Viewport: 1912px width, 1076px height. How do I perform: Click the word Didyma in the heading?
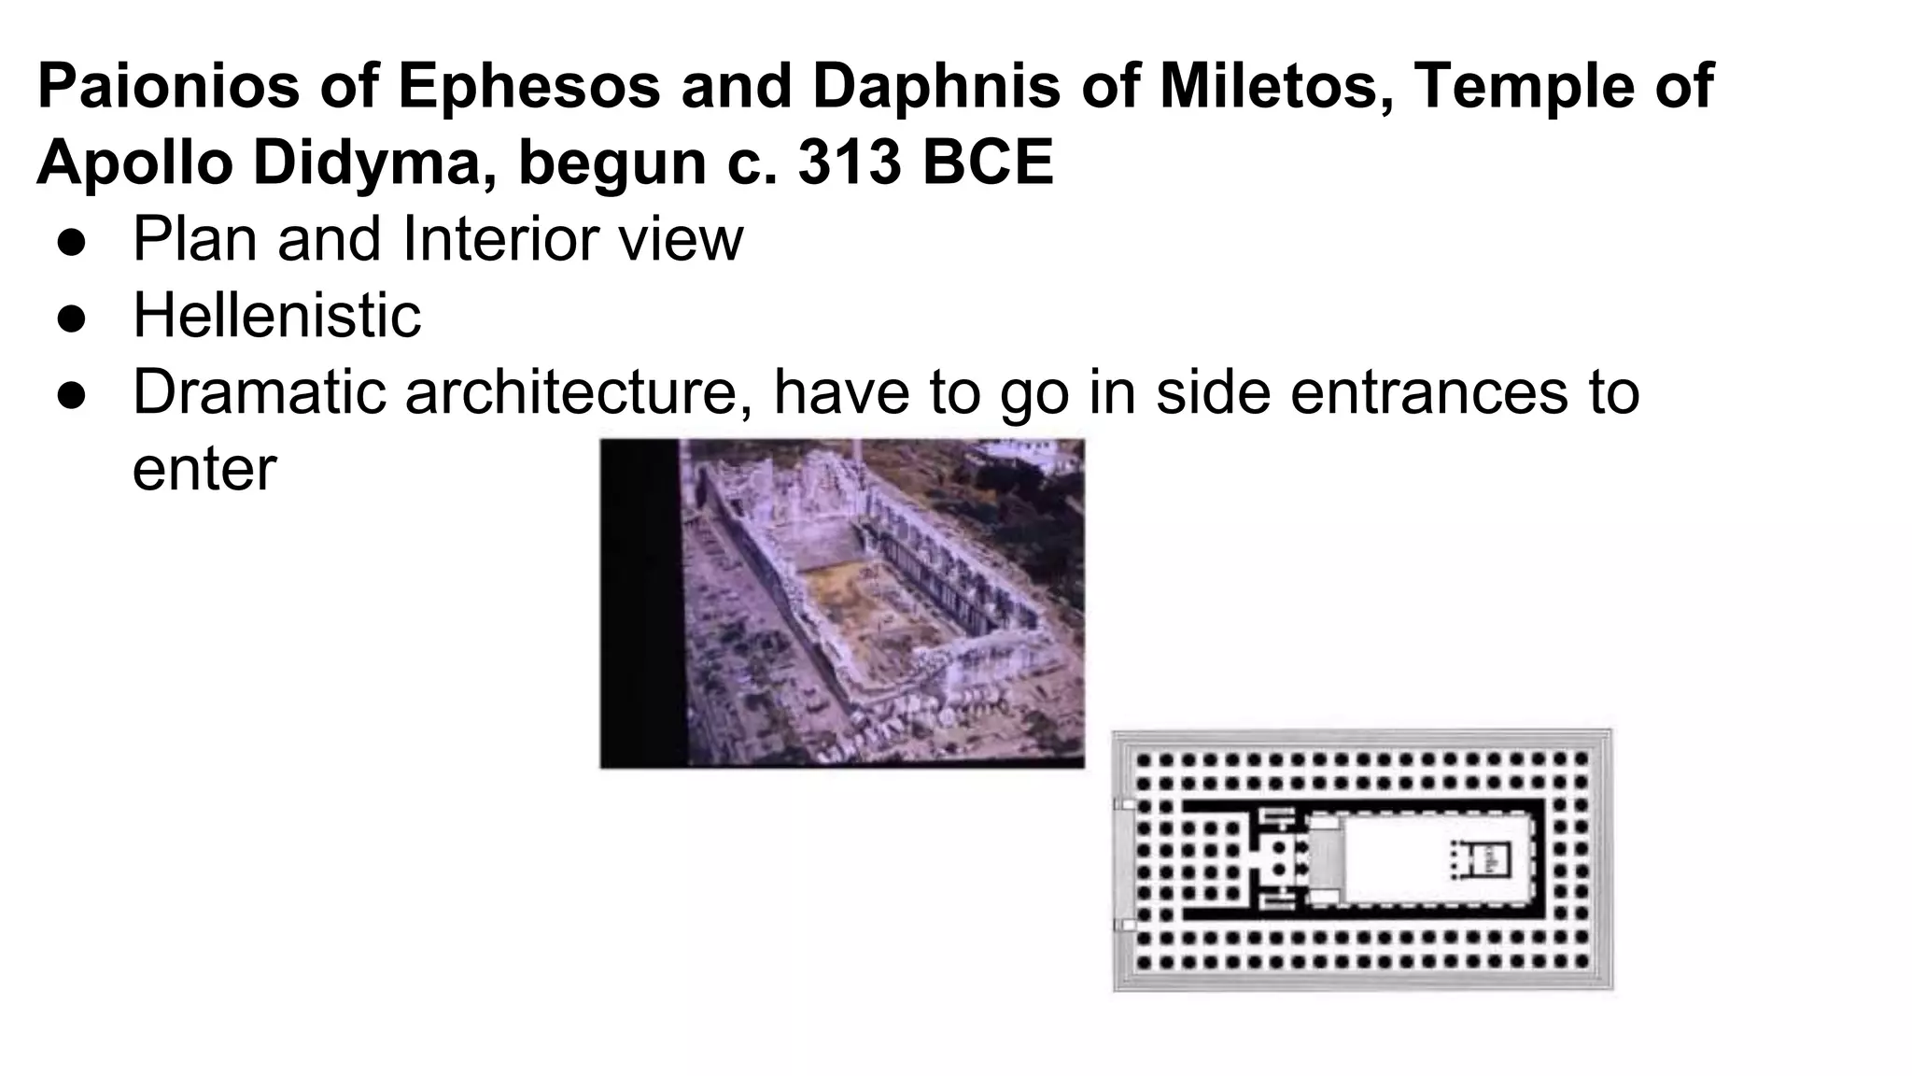click(x=373, y=163)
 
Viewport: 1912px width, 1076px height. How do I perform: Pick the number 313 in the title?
click(x=851, y=163)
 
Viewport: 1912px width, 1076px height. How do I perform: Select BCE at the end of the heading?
click(x=989, y=163)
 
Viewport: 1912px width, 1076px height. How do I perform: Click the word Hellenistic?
click(x=276, y=315)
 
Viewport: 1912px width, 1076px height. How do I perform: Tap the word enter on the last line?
click(x=204, y=469)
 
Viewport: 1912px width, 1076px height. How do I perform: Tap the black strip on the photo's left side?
click(x=640, y=602)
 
